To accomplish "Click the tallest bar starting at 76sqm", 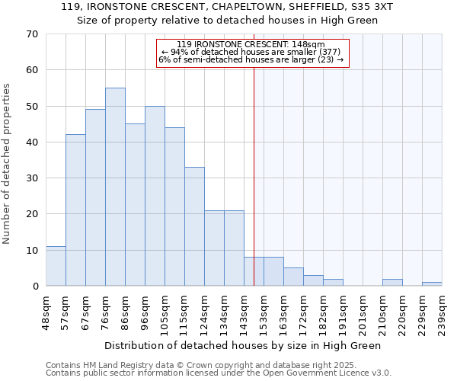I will click(115, 187).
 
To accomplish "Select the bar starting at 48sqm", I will click(56, 266).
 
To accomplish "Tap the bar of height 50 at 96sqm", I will click(155, 196).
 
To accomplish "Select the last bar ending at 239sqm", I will click(432, 284).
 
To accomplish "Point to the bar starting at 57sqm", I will click(75, 210).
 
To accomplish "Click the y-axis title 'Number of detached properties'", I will click(8, 164).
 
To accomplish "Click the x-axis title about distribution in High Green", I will click(242, 345).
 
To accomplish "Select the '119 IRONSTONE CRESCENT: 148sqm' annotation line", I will click(251, 45).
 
